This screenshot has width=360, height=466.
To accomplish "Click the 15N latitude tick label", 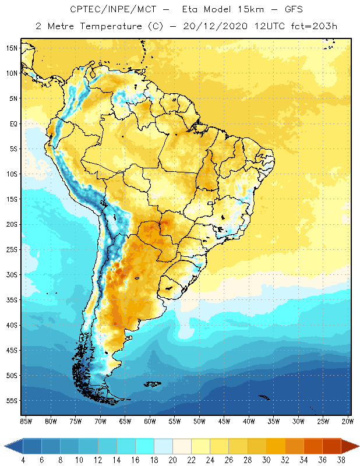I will (12, 48).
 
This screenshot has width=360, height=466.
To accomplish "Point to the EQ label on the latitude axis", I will (12, 123).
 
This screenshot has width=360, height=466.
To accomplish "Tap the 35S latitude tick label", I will (12, 300).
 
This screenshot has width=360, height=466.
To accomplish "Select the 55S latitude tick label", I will (12, 401).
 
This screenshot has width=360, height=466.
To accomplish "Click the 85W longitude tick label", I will (26, 421).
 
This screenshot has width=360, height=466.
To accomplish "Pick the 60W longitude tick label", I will (150, 421).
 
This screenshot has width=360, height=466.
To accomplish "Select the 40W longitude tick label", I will (249, 421).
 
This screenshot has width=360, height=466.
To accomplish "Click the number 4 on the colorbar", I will (23, 460).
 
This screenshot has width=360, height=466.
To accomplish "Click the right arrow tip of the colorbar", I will (358, 446).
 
